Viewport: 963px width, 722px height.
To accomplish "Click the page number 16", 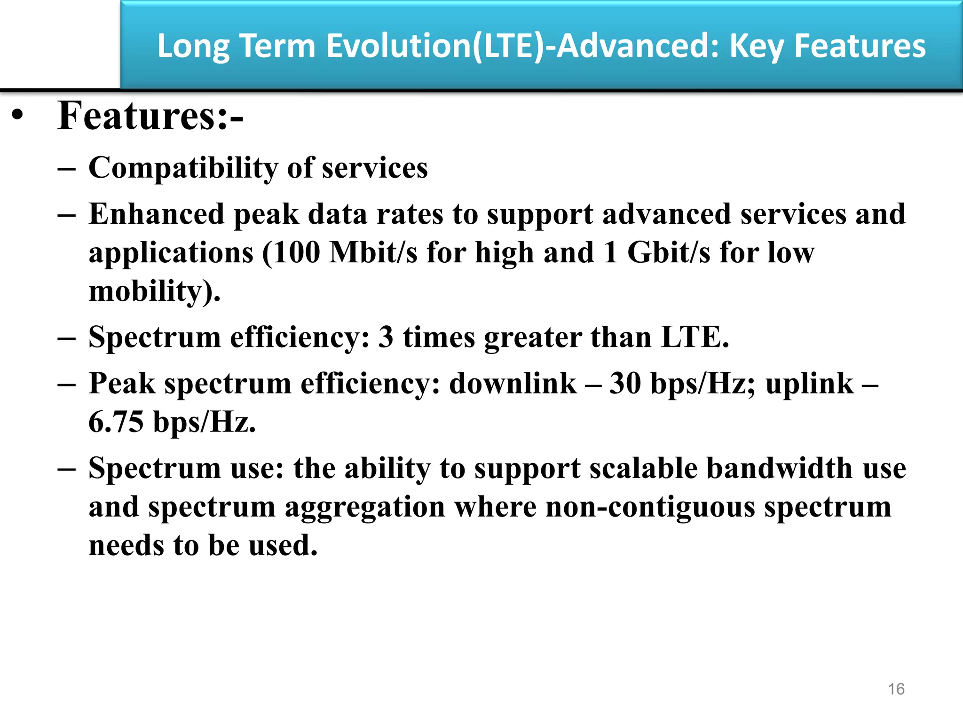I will click(896, 689).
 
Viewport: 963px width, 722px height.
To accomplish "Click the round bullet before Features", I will click(18, 116).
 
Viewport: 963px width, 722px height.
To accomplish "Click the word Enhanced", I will click(156, 214).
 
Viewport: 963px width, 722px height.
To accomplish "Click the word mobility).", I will click(154, 291).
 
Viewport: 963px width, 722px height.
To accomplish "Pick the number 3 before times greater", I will click(386, 337).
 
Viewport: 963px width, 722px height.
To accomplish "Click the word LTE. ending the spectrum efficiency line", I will click(695, 337).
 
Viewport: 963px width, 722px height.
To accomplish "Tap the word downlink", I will click(513, 384).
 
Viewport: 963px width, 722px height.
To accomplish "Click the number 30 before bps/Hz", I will click(625, 384).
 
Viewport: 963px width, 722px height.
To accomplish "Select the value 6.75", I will click(116, 422).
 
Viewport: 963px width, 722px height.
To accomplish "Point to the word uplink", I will click(809, 384).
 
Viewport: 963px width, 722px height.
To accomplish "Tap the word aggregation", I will click(365, 507).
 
